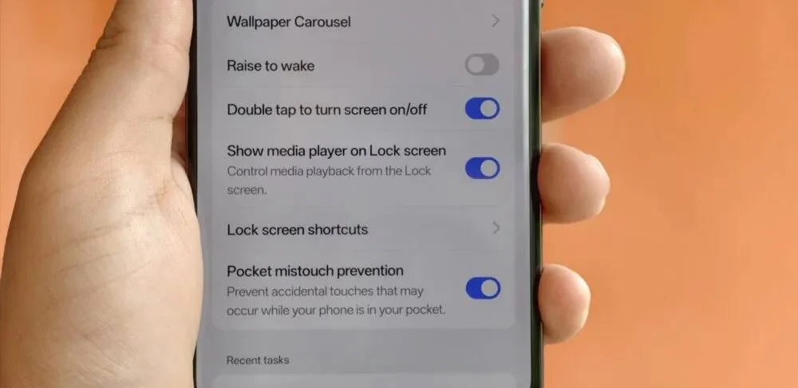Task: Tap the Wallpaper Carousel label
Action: point(289,22)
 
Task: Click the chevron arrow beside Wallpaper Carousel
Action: point(496,21)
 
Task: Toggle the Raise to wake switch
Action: point(482,65)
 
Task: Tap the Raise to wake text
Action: point(271,66)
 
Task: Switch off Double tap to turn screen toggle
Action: point(483,109)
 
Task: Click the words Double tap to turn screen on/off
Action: point(326,109)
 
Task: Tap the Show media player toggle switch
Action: point(483,168)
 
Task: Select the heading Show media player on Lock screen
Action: point(337,151)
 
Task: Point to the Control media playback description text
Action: point(329,180)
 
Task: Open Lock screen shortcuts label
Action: point(297,230)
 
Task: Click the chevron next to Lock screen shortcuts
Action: point(496,228)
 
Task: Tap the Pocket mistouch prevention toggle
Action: point(483,288)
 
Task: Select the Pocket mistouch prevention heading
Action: point(315,271)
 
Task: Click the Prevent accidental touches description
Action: point(336,300)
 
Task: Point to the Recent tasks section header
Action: point(258,360)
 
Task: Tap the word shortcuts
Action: point(337,230)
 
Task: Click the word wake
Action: point(297,66)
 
